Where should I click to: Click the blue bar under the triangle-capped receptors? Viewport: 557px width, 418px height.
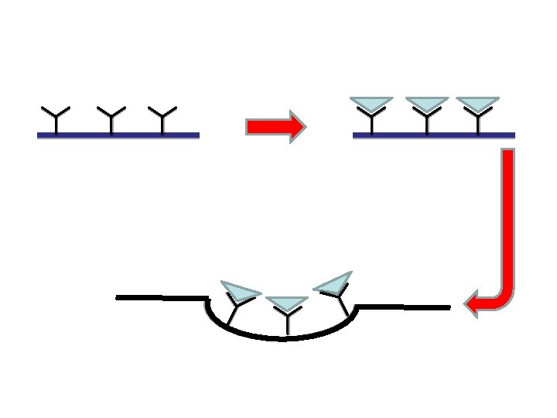pyautogui.click(x=433, y=135)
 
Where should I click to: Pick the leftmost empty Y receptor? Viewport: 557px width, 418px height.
pyautogui.click(x=56, y=119)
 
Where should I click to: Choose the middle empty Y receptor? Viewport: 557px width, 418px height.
pyautogui.click(x=111, y=119)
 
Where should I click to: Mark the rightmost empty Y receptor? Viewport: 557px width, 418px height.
pyautogui.click(x=162, y=119)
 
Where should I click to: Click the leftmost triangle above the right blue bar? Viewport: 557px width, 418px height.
pyautogui.click(x=371, y=103)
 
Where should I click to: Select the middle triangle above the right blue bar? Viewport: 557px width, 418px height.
pyautogui.click(x=426, y=103)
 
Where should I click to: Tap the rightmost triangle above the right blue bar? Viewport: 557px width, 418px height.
pyautogui.click(x=478, y=103)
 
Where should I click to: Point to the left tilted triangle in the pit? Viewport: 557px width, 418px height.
pyautogui.click(x=239, y=290)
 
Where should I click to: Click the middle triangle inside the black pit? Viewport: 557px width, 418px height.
pyautogui.click(x=287, y=303)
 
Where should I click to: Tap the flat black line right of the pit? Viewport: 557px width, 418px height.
pyautogui.click(x=402, y=307)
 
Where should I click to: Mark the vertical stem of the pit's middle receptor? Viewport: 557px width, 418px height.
pyautogui.click(x=287, y=324)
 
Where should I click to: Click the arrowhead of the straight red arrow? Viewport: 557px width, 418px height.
pyautogui.click(x=297, y=126)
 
